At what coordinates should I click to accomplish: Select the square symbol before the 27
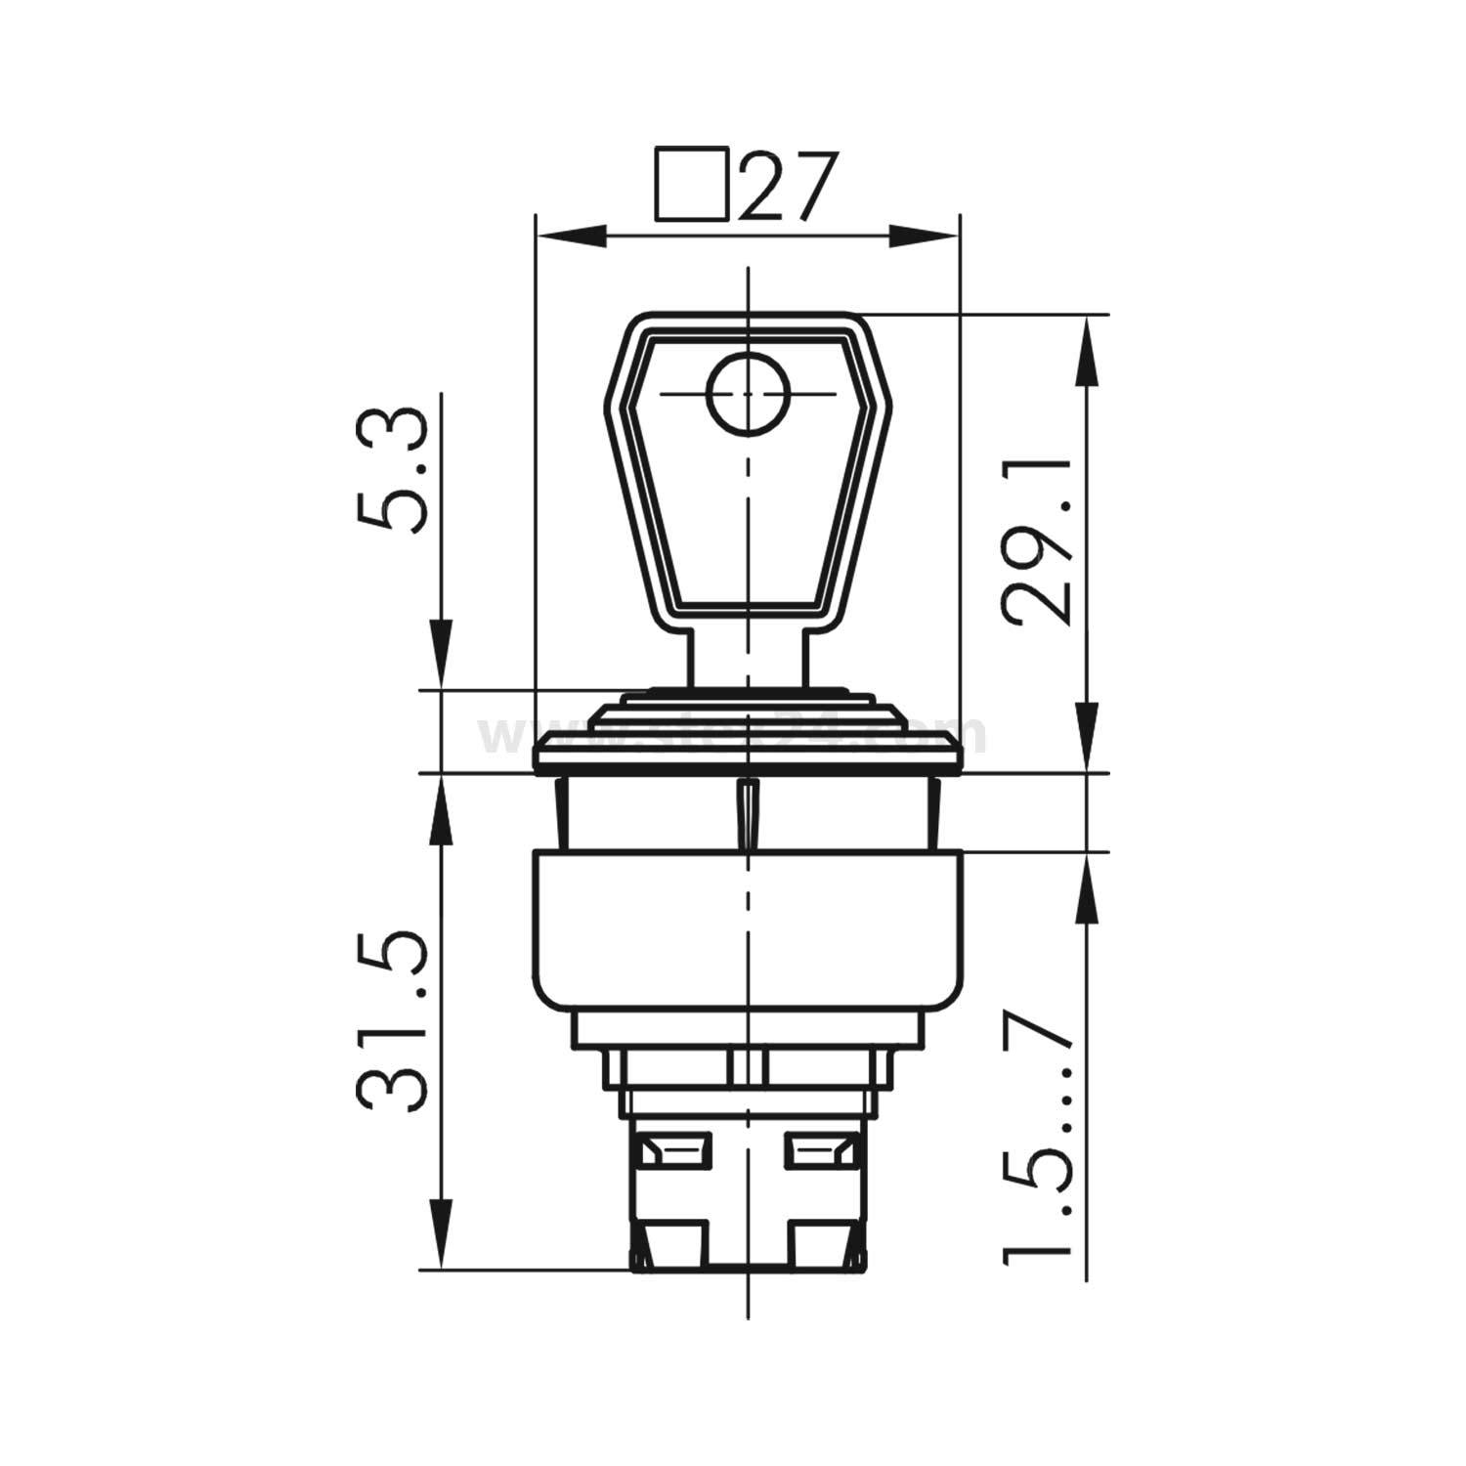pyautogui.click(x=692, y=183)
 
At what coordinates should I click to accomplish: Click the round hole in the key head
pyautogui.click(x=748, y=394)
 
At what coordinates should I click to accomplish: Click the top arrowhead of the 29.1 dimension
pyautogui.click(x=1087, y=352)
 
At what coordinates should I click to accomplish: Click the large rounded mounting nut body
pyautogui.click(x=748, y=928)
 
